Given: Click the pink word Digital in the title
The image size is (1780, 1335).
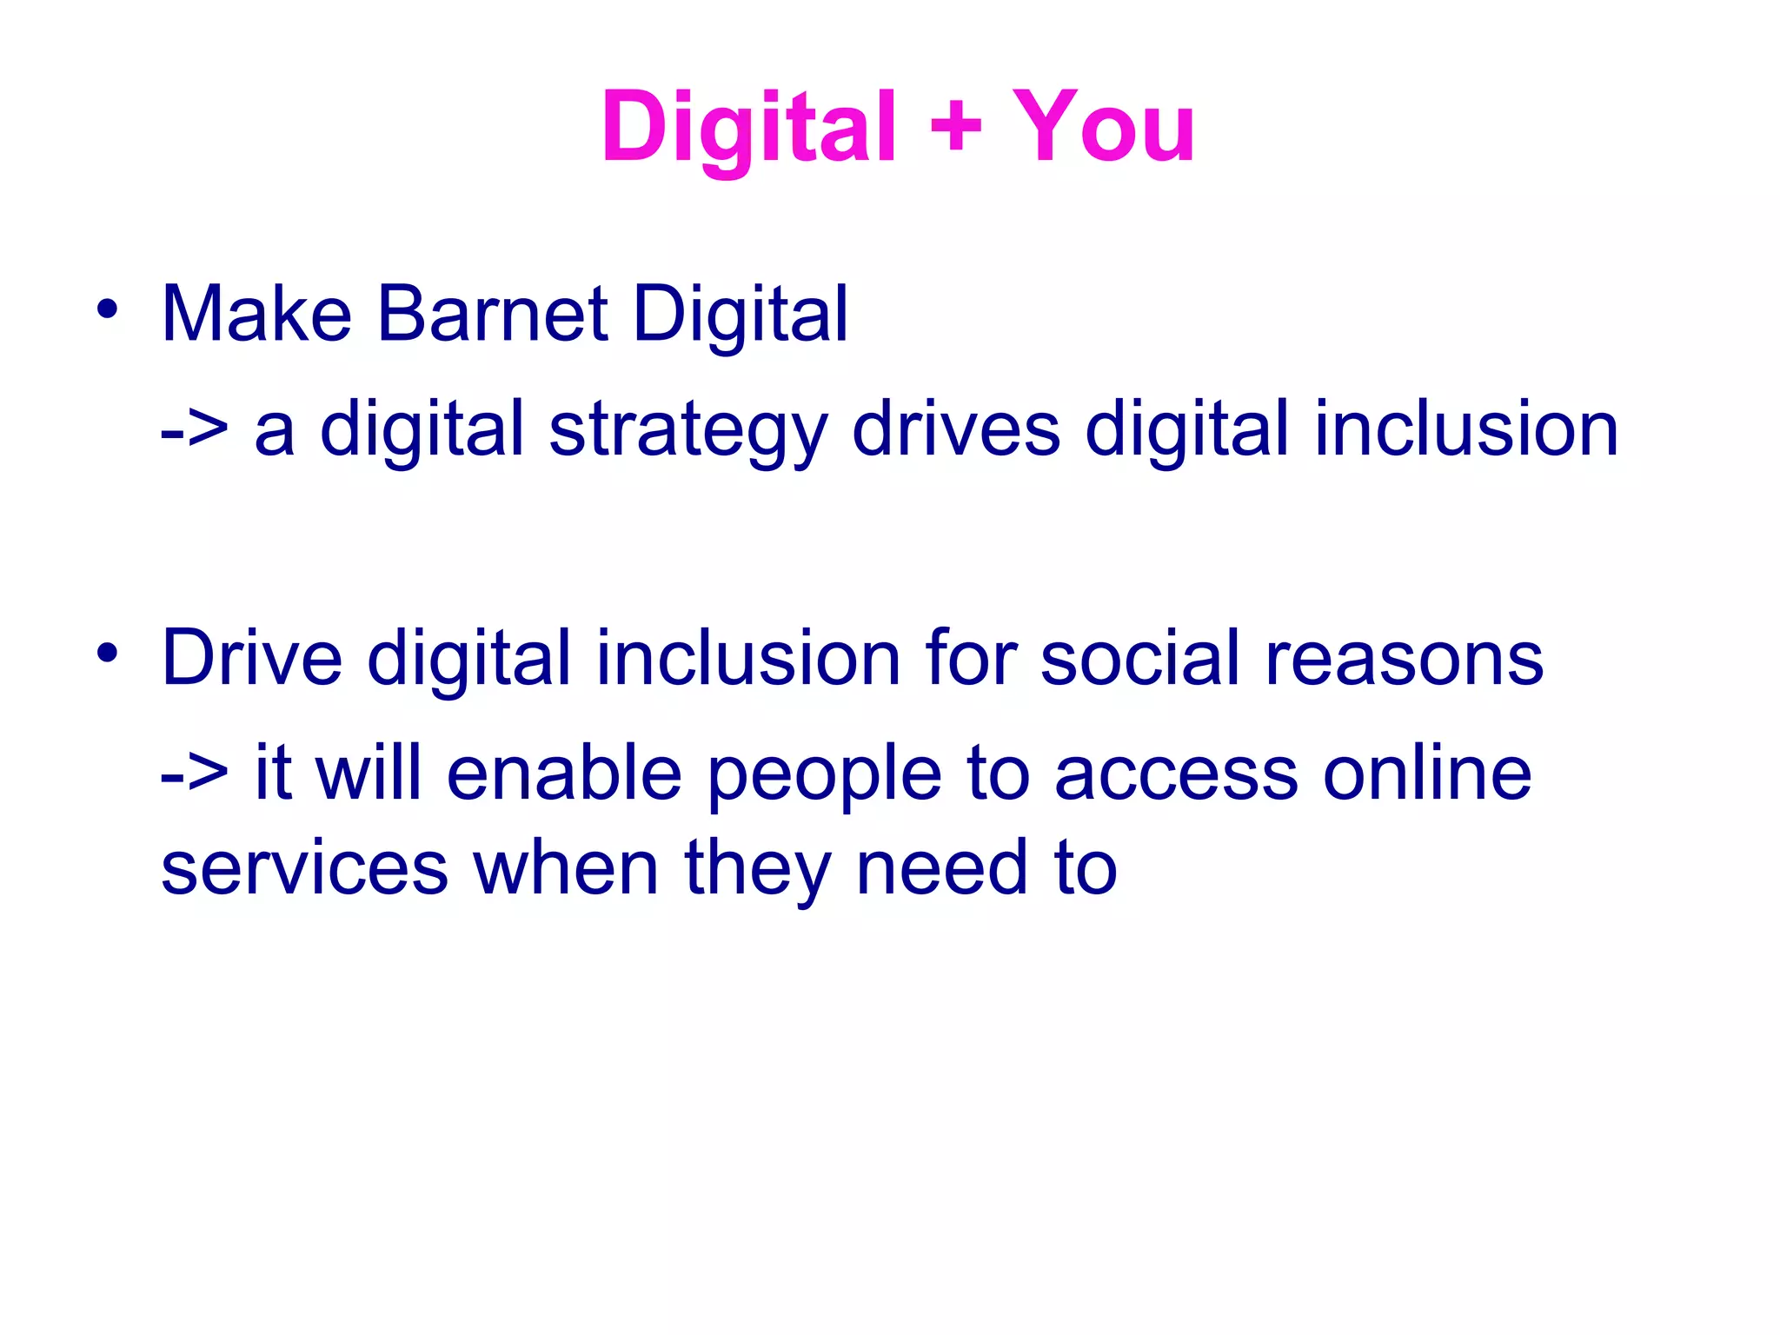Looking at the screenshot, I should coord(747,129).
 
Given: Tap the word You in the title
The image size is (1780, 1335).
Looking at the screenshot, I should coord(1104,129).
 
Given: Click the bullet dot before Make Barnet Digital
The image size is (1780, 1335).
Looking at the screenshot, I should coord(107,309).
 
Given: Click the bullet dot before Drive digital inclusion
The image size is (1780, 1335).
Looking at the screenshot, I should coord(107,654).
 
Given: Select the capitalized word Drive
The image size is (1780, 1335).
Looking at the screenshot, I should coord(252,658).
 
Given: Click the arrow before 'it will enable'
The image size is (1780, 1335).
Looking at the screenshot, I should coord(194,772).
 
